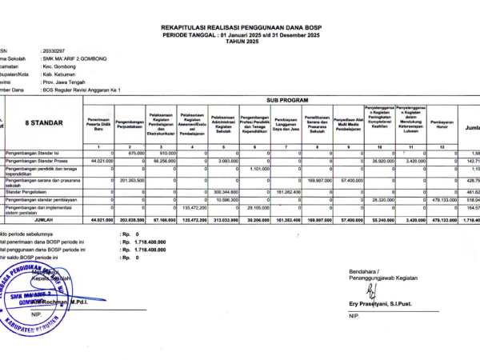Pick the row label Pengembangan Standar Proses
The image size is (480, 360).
point(39,161)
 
